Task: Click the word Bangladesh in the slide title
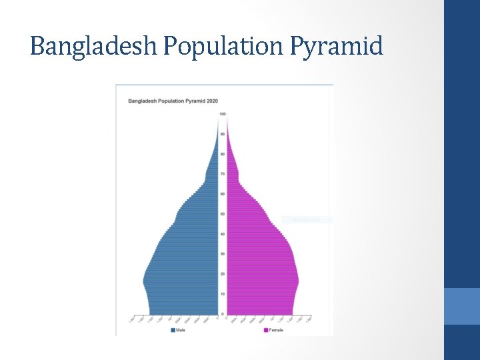point(81,46)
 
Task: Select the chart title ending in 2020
point(173,101)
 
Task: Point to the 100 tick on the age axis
point(223,114)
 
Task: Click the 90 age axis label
point(223,134)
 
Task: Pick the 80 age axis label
point(223,154)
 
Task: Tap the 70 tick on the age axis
point(223,174)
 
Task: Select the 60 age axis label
point(223,194)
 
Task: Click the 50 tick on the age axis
point(223,214)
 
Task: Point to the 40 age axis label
point(223,234)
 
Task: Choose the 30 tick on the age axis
point(223,254)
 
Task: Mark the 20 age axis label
point(223,274)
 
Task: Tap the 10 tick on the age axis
point(223,294)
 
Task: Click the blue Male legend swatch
point(173,330)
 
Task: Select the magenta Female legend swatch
point(265,330)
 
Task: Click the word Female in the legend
point(276,330)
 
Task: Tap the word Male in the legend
point(181,330)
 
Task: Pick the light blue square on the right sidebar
point(462,306)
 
